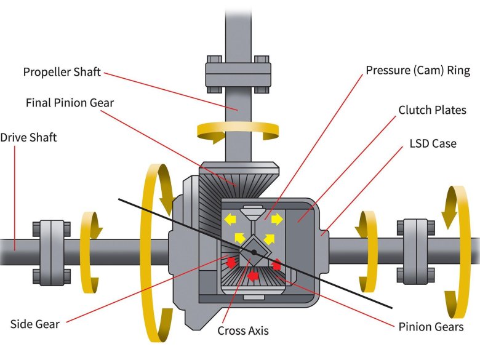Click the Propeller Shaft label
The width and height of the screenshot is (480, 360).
62,72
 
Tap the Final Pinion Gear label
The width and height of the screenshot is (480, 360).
70,103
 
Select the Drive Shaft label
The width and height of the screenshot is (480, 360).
28,137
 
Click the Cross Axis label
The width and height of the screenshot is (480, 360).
243,330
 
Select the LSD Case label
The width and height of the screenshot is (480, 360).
433,143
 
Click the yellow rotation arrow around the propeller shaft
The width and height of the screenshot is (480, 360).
237,130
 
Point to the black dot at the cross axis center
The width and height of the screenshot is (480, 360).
254,252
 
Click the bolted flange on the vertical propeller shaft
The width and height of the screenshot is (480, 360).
238,74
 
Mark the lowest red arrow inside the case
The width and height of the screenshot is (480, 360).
252,276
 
